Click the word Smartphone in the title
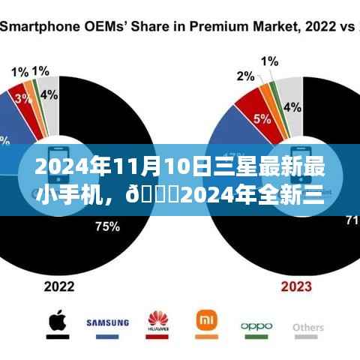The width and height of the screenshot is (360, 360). click(x=37, y=28)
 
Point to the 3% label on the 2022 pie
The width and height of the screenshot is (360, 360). click(x=22, y=99)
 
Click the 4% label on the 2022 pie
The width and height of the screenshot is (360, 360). click(x=49, y=94)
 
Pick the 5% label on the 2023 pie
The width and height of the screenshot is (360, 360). click(x=262, y=118)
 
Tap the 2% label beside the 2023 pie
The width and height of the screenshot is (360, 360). click(x=245, y=76)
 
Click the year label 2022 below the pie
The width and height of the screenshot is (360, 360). click(x=59, y=286)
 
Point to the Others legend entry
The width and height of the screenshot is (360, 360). click(x=309, y=328)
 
